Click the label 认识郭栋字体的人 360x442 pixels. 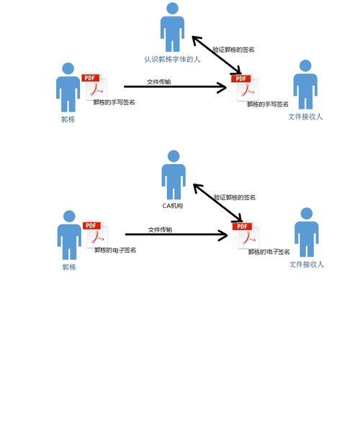[172, 59]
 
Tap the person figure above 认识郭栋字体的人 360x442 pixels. [172, 27]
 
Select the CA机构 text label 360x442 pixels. [173, 205]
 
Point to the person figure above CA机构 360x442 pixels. [174, 175]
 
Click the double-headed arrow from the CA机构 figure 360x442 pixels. [217, 203]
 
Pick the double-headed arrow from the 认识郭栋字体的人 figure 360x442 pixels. [217, 55]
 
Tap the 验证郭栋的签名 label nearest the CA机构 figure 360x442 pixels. [234, 197]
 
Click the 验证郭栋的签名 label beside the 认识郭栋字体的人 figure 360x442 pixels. [233, 50]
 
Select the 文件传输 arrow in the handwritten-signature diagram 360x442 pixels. [175, 87]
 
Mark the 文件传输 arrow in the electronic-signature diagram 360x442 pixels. [176, 235]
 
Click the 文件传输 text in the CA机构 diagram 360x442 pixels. [160, 230]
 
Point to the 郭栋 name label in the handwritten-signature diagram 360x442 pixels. [68, 119]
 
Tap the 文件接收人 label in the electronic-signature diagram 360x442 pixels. [307, 264]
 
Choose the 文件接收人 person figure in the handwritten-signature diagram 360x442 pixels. [305, 84]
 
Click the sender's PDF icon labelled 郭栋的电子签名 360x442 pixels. [95, 235]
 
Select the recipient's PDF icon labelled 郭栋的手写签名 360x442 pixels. [245, 88]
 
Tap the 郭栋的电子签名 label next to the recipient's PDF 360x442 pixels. [269, 252]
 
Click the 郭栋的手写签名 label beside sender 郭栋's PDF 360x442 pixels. [114, 102]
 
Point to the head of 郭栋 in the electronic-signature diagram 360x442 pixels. [69, 216]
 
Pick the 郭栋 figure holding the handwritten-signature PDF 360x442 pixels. [68, 87]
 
